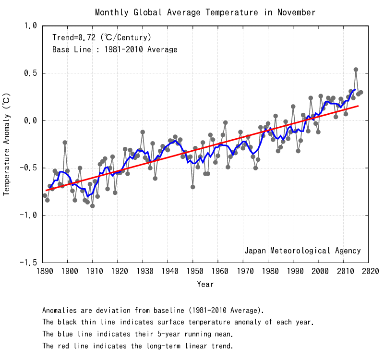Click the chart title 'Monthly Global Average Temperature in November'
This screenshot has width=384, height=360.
(205, 12)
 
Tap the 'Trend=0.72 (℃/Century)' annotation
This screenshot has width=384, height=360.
(102, 37)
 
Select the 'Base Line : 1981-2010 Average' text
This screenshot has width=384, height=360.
(115, 49)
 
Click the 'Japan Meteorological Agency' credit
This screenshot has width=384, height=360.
(302, 251)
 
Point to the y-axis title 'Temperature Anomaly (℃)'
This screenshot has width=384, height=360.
(7, 144)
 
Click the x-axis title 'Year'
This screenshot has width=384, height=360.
(205, 284)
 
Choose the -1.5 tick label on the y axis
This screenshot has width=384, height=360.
(28, 263)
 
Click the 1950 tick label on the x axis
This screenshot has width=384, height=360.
(193, 272)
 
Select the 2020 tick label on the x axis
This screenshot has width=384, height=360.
(368, 272)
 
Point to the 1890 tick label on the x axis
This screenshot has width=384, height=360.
(43, 272)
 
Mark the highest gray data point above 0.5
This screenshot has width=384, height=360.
(356, 70)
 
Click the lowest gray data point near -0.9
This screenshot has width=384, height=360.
(92, 206)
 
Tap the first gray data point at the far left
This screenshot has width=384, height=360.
(45, 195)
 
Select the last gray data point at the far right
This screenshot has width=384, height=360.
(360, 92)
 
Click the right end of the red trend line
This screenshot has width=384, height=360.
(358, 106)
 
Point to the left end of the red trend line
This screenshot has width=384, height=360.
(46, 191)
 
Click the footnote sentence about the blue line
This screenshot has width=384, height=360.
(138, 334)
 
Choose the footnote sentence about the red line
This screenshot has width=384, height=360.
(138, 346)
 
